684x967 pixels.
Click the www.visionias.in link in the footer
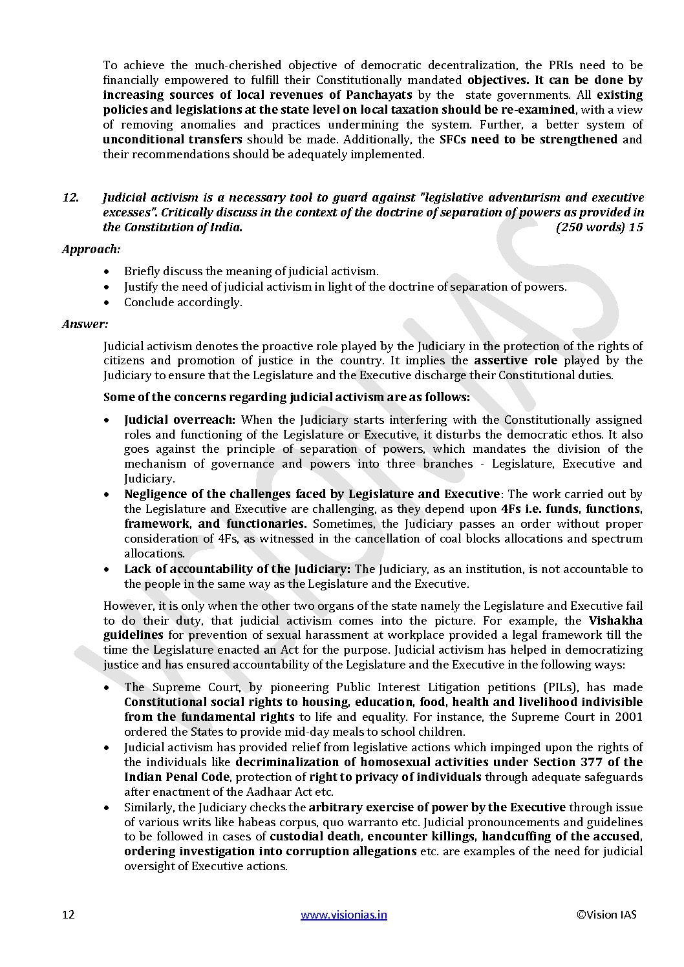click(x=344, y=915)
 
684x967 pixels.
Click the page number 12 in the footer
click(x=68, y=915)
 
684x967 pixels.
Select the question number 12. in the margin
click(x=70, y=198)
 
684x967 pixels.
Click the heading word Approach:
click(x=91, y=249)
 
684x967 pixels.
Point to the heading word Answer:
click(x=85, y=324)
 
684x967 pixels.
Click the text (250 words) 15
click(x=599, y=227)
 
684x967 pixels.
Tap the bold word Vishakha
click(x=615, y=621)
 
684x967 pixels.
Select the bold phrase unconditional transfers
click(x=173, y=140)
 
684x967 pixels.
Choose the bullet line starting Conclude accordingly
click(x=183, y=302)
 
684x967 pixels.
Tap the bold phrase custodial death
click(x=315, y=837)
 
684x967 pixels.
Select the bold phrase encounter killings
click(x=422, y=837)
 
